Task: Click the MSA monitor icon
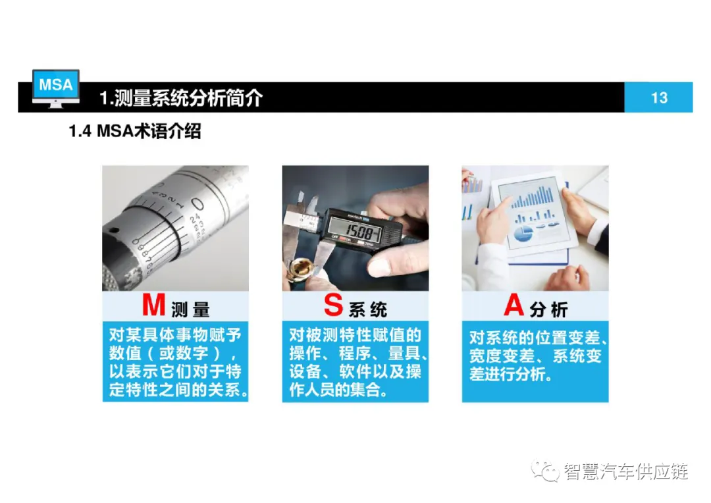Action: point(56,88)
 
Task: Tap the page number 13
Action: point(659,97)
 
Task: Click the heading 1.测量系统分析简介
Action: point(181,97)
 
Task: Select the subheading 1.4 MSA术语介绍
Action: point(135,131)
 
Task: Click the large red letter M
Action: point(153,305)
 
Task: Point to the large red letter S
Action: point(333,305)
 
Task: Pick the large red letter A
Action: point(513,305)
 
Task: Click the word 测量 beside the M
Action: point(190,310)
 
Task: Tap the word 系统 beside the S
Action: point(368,310)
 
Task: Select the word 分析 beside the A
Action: point(548,310)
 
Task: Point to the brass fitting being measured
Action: point(299,270)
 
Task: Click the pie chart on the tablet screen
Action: point(523,234)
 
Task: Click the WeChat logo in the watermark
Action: point(546,471)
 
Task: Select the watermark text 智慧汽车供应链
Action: point(626,471)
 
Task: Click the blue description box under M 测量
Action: point(176,361)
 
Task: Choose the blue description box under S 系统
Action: point(355,361)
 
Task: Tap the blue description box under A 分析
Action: point(535,361)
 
